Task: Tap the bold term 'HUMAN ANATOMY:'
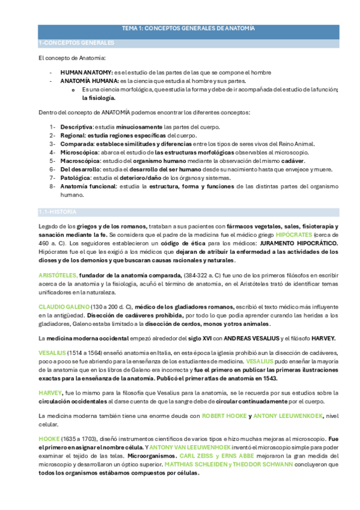[87, 72]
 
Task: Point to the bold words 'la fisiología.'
[99, 97]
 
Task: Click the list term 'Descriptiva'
[77, 127]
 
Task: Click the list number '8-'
[53, 186]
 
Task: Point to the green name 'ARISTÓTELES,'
[58, 275]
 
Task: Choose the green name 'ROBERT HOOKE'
[224, 416]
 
